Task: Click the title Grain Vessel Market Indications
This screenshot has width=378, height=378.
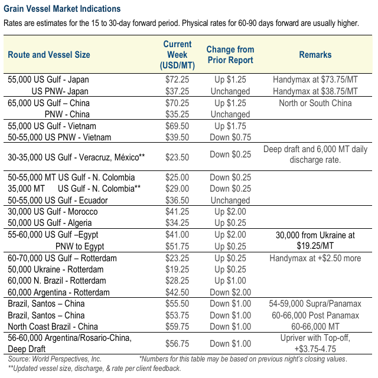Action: (62, 9)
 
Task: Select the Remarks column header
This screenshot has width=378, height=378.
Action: (315, 55)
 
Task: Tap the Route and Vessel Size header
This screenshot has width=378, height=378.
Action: (49, 55)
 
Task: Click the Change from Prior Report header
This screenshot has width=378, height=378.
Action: (230, 55)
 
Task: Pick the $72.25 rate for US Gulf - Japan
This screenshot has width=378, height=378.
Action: (177, 80)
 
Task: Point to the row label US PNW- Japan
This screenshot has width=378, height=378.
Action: (60, 91)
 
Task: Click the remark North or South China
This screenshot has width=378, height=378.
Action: (315, 103)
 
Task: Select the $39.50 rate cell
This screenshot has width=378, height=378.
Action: (177, 137)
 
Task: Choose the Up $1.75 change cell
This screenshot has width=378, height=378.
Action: (230, 126)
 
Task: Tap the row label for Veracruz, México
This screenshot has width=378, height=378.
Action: (76, 157)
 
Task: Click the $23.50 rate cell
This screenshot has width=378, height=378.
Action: (177, 157)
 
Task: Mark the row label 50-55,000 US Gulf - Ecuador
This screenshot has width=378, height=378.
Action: (58, 200)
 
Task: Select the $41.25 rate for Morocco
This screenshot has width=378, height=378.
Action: (177, 212)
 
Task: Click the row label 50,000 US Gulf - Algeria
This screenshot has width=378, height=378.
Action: (50, 223)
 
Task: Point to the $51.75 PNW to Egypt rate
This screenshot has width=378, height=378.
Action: (177, 246)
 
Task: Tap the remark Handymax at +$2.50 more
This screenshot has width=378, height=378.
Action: (315, 258)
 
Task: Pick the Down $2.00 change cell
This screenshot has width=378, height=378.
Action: (230, 292)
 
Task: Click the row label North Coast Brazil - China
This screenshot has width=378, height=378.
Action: (53, 327)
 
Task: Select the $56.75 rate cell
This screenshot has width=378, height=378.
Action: (177, 344)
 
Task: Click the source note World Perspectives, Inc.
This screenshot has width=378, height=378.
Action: (55, 359)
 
